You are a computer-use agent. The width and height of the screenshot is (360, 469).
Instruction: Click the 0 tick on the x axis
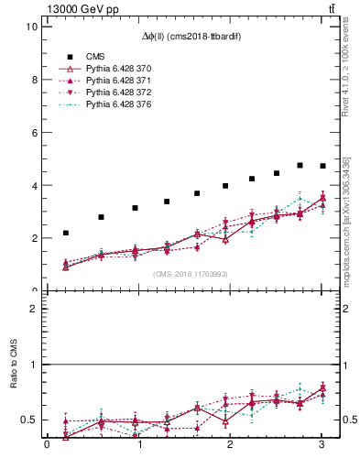click(x=47, y=446)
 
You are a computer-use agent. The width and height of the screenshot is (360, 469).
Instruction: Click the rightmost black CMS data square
click(x=322, y=166)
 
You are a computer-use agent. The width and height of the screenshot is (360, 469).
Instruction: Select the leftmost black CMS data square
click(x=66, y=233)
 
